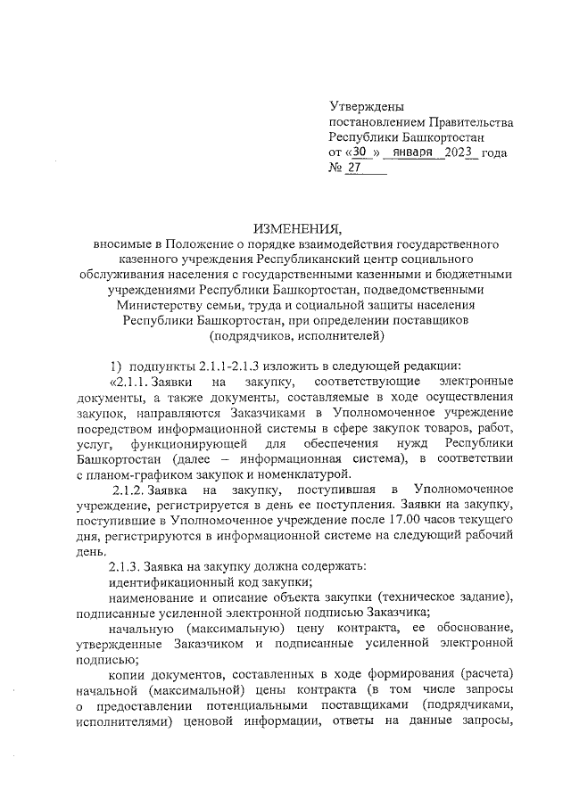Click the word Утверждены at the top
367,106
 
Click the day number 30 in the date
356,152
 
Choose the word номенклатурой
308,473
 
